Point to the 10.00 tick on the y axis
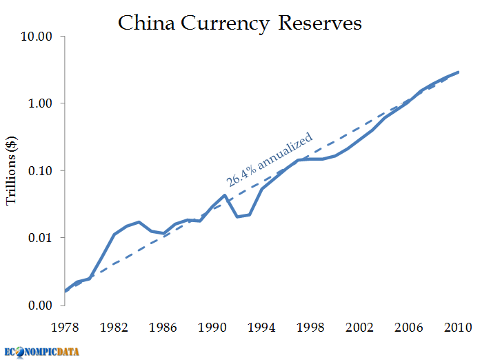[38, 36]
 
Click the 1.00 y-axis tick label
[41, 103]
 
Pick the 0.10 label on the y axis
[41, 170]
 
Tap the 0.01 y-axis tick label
[41, 238]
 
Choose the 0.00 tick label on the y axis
[41, 305]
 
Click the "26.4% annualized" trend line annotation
[270, 159]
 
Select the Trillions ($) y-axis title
[12, 170]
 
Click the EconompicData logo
[41, 350]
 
